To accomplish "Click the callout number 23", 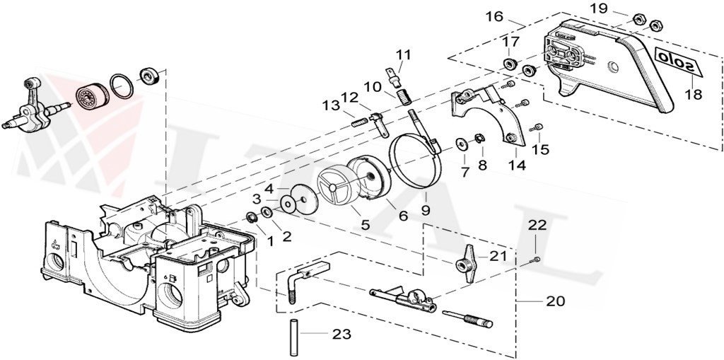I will click(342, 334).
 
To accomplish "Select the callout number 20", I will click(556, 301).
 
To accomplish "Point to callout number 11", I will click(403, 54).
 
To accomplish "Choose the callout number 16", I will click(494, 16).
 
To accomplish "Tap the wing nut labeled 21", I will click(467, 265).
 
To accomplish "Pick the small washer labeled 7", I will click(462, 144).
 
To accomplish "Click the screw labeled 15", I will click(539, 127).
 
